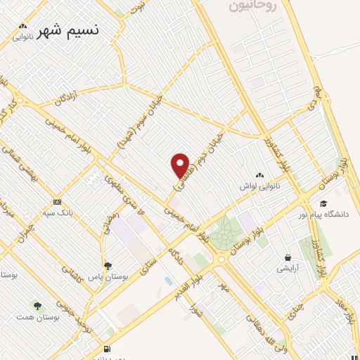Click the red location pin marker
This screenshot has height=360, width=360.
point(180,165)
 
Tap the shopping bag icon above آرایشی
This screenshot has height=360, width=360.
point(288,257)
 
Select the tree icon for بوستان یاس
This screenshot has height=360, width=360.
point(108,266)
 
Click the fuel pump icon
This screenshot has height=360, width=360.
point(106,349)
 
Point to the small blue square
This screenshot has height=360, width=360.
point(167,281)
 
